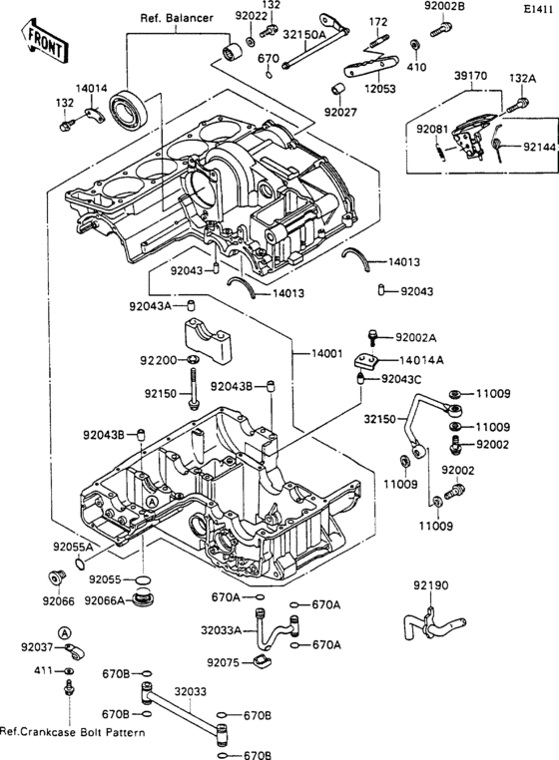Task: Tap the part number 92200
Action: click(x=159, y=359)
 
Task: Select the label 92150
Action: click(x=160, y=395)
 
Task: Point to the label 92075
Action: click(x=226, y=661)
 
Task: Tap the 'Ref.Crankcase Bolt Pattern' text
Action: click(x=72, y=733)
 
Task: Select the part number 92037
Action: click(x=24, y=649)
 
